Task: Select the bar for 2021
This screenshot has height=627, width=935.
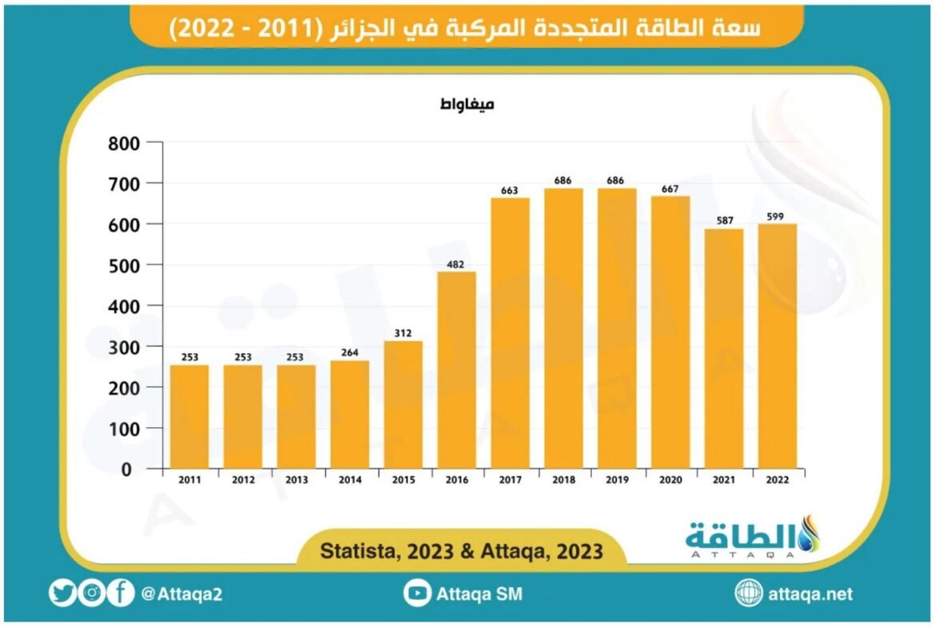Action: pos(723,348)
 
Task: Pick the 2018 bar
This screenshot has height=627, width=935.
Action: pos(563,327)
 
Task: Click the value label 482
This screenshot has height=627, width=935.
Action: pos(456,264)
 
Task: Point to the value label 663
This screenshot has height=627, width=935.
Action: pos(510,190)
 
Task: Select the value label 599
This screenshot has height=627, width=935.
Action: pos(777,216)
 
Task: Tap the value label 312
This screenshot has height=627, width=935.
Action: pos(403,333)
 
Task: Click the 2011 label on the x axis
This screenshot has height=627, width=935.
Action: pos(189,480)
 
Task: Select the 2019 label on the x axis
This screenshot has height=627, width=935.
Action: pos(617,480)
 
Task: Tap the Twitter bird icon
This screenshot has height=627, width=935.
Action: pos(62,593)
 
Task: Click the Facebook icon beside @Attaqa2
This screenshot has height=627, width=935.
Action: pos(121,593)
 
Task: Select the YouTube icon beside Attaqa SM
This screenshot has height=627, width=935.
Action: pos(417,593)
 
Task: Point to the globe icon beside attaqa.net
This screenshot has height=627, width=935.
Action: pos(749,593)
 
